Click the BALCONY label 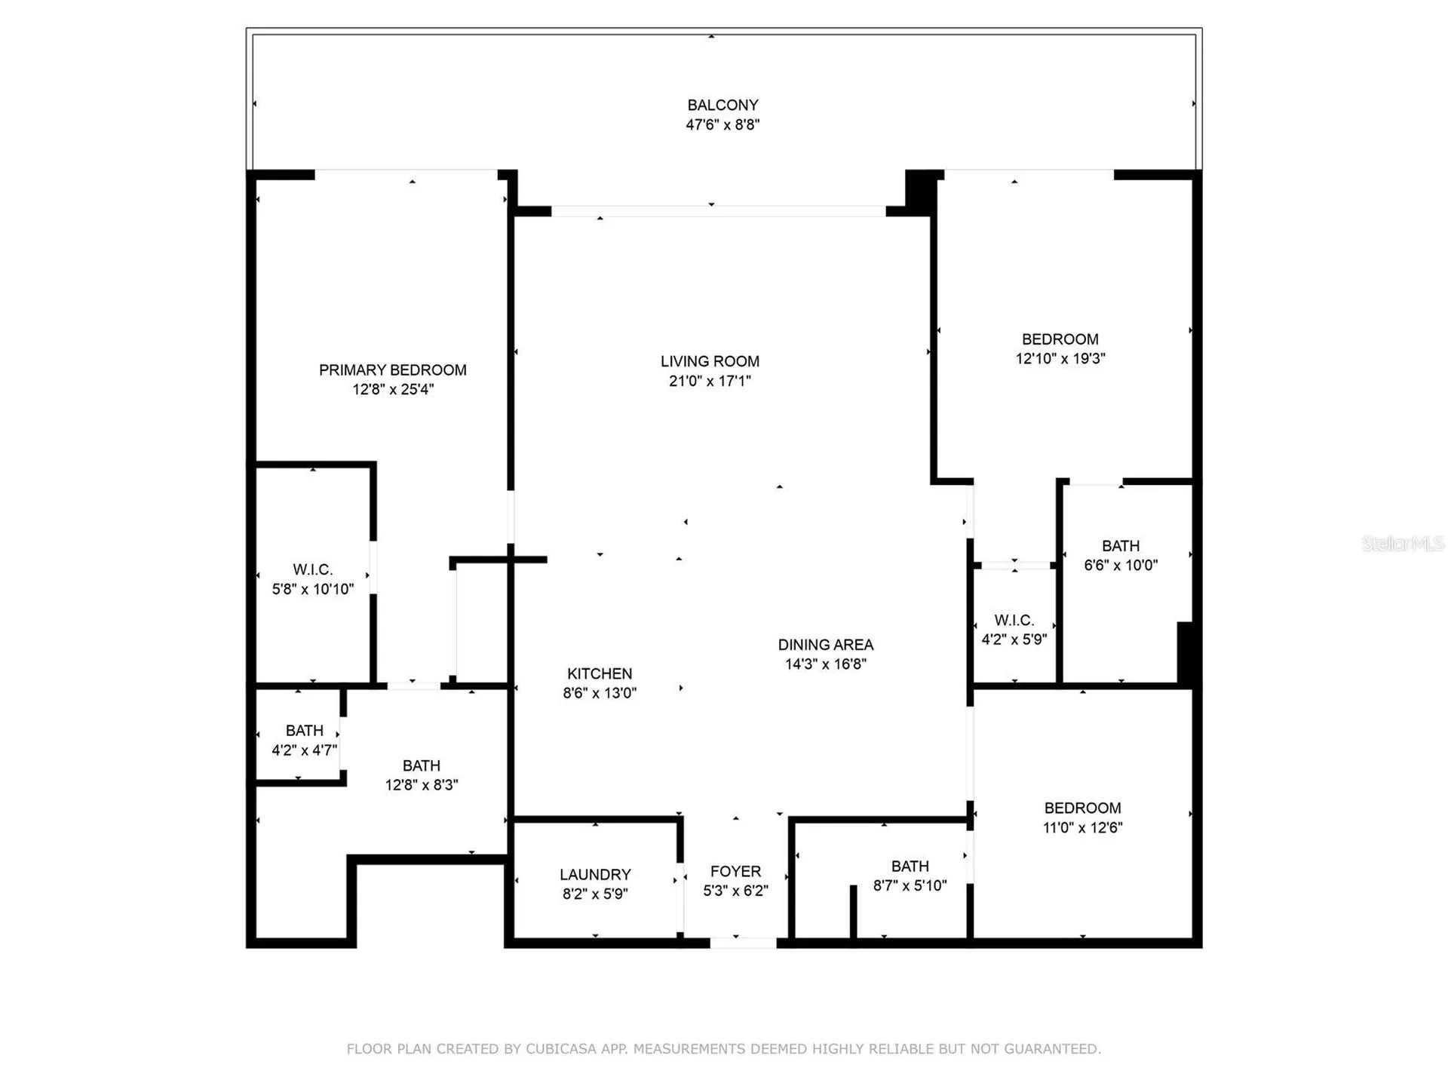[722, 105]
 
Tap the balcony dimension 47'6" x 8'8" [722, 124]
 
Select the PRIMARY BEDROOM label [393, 370]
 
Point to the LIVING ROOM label [710, 361]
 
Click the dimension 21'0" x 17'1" [710, 381]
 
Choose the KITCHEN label [600, 673]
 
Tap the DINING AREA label [826, 645]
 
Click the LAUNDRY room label [595, 874]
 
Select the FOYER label [735, 871]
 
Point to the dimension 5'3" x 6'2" [735, 891]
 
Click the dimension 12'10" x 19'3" [1060, 358]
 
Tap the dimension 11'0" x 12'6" [1082, 827]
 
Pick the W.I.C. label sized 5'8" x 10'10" [313, 569]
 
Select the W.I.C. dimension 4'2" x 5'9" [1014, 640]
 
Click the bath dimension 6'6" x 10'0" [1121, 565]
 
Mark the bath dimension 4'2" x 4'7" [305, 750]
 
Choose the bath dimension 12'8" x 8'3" [422, 785]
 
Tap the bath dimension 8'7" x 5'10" [910, 885]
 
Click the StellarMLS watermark [1403, 543]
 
